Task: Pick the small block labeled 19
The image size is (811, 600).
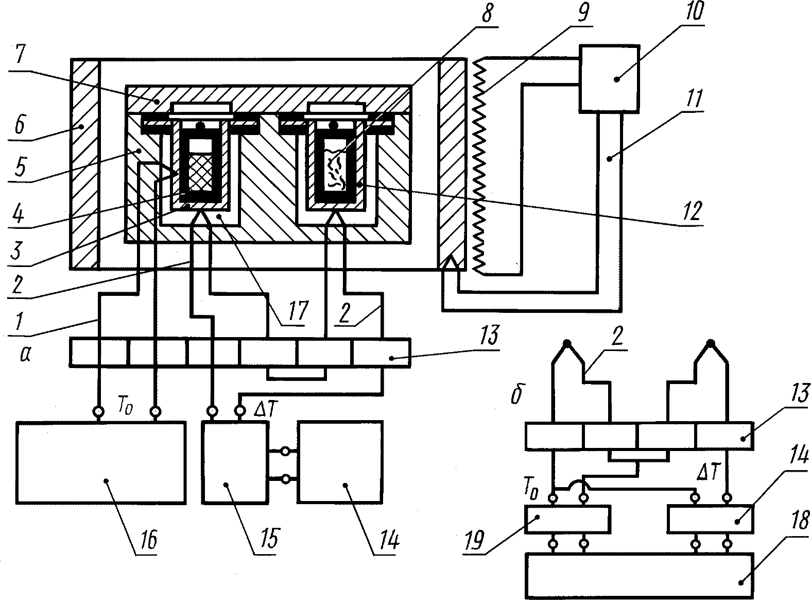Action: point(566,519)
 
